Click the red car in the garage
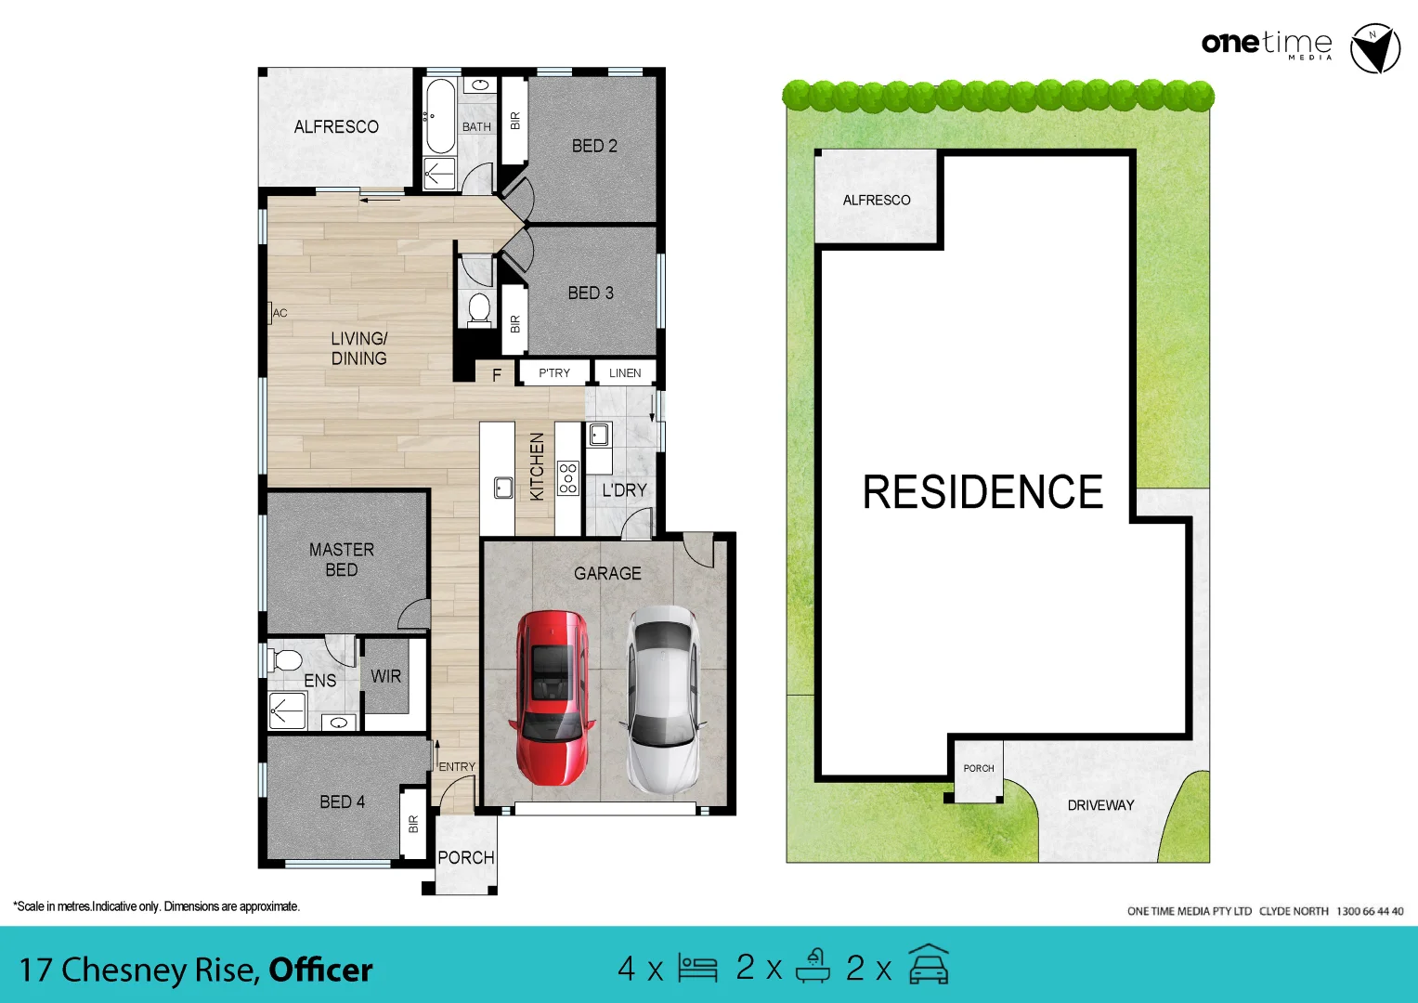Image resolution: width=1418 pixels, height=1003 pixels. coord(552,697)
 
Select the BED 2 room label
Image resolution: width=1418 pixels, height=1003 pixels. coord(594,146)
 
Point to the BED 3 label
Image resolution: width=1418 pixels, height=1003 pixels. coord(591,293)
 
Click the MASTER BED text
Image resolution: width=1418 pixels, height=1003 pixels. coord(342,559)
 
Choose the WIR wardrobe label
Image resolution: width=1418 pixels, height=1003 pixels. coord(385,676)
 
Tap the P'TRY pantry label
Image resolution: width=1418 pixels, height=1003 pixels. coord(554,372)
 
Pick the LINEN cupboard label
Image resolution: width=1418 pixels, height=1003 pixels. coord(625,372)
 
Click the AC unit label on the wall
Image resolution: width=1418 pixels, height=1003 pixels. coord(280,313)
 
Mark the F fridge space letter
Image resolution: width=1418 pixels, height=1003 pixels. coord(497,375)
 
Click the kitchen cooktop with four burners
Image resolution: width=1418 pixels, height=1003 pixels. coord(568,477)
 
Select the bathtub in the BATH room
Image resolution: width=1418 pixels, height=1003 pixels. coord(439,116)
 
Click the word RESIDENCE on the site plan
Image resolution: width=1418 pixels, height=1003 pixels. coord(982,492)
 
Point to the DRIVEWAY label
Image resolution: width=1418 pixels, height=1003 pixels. coord(1100,805)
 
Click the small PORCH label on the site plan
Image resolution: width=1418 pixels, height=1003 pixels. coord(979,768)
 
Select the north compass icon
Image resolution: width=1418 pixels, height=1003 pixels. coord(1374,48)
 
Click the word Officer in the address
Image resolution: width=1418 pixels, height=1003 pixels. coord(320,970)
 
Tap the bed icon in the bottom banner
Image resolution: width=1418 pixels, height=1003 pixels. coord(697,968)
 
